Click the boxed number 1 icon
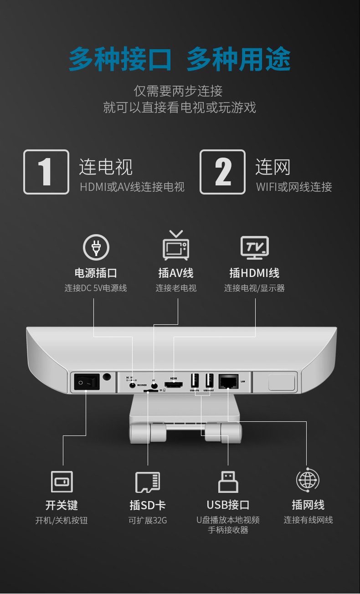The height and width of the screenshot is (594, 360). [46, 172]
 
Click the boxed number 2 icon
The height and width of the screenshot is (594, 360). [222, 172]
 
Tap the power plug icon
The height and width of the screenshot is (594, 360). [96, 247]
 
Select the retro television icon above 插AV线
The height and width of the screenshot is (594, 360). [176, 246]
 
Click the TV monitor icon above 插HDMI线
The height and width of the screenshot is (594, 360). [255, 247]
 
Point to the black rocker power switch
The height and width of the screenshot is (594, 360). [87, 382]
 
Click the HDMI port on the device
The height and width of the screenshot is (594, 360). [174, 384]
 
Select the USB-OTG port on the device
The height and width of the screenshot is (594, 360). [195, 380]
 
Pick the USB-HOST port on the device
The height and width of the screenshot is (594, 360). [209, 380]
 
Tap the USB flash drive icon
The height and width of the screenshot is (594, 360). [228, 481]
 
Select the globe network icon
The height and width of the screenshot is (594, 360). [308, 480]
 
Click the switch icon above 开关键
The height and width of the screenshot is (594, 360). [62, 481]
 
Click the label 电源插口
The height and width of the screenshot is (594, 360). [96, 273]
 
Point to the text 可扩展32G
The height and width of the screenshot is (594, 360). [148, 520]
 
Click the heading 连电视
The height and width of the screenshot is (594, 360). [106, 167]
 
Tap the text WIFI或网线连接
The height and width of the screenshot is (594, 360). [294, 187]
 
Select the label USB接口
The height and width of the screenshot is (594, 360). [228, 505]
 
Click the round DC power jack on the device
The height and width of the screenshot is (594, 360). [133, 385]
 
